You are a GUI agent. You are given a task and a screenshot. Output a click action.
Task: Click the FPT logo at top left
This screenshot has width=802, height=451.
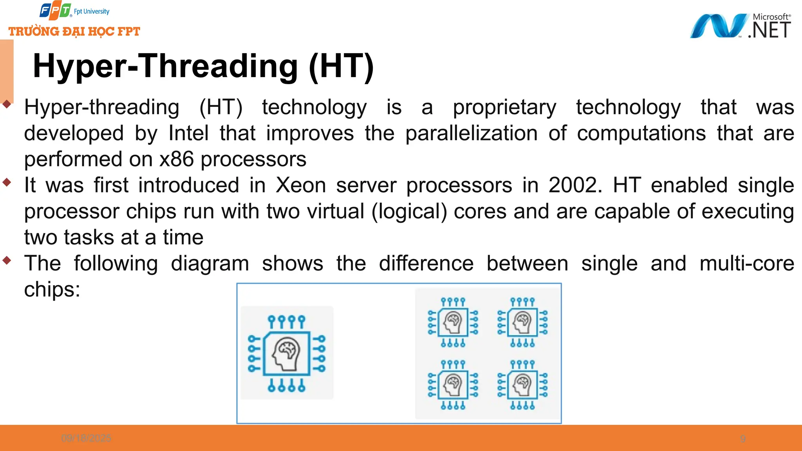tap(55, 11)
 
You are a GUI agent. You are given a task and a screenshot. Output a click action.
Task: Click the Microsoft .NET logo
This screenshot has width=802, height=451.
tap(740, 26)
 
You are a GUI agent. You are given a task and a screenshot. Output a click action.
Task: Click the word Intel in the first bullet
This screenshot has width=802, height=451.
tap(188, 133)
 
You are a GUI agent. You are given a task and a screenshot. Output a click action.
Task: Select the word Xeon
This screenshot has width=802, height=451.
tap(300, 185)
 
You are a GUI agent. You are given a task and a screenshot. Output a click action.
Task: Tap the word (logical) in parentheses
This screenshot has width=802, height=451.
tap(409, 211)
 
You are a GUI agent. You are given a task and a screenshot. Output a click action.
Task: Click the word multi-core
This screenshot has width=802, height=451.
tap(746, 263)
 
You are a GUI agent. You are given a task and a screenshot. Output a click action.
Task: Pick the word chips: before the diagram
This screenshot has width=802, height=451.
tap(52, 290)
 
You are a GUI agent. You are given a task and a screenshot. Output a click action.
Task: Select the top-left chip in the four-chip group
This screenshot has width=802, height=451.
tap(453, 322)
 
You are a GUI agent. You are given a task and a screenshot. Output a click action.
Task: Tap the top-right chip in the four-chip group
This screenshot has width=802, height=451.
tap(522, 322)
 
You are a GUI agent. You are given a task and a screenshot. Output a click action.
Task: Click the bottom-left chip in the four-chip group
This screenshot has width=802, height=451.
tap(453, 385)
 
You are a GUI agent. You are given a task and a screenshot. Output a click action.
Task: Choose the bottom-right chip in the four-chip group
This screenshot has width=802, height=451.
tap(522, 385)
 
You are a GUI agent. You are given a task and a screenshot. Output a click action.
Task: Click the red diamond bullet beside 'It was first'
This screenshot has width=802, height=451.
tap(7, 182)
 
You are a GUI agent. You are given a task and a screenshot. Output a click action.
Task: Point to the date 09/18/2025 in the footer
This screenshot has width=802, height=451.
tap(86, 438)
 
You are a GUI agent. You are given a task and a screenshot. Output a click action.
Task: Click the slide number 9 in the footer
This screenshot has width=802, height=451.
tap(742, 439)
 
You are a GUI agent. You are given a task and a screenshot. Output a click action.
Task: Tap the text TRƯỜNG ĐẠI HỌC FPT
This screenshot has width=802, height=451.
tap(74, 31)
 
